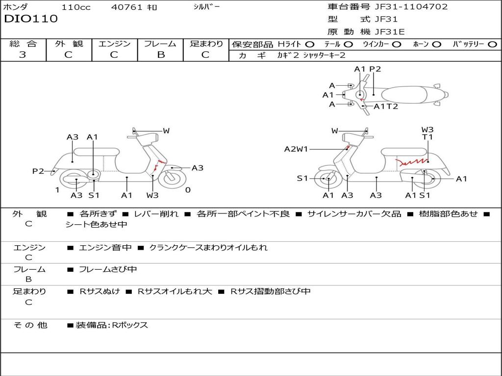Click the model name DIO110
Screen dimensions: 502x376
tap(31, 19)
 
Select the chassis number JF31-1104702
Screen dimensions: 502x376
tap(404, 7)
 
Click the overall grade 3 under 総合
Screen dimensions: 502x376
tap(23, 55)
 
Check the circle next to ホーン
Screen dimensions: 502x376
tap(437, 44)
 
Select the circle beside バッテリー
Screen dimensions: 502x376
tap(492, 44)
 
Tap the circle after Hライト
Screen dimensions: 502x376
tap(310, 44)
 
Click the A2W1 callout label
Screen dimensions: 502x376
tap(296, 149)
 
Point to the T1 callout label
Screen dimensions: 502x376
tap(427, 137)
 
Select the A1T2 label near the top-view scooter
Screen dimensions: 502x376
tap(386, 106)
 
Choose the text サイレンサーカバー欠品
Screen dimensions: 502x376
tap(354, 214)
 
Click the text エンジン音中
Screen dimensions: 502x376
tap(105, 248)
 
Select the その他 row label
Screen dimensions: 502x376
tap(30, 325)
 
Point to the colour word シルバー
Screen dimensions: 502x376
tap(207, 7)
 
